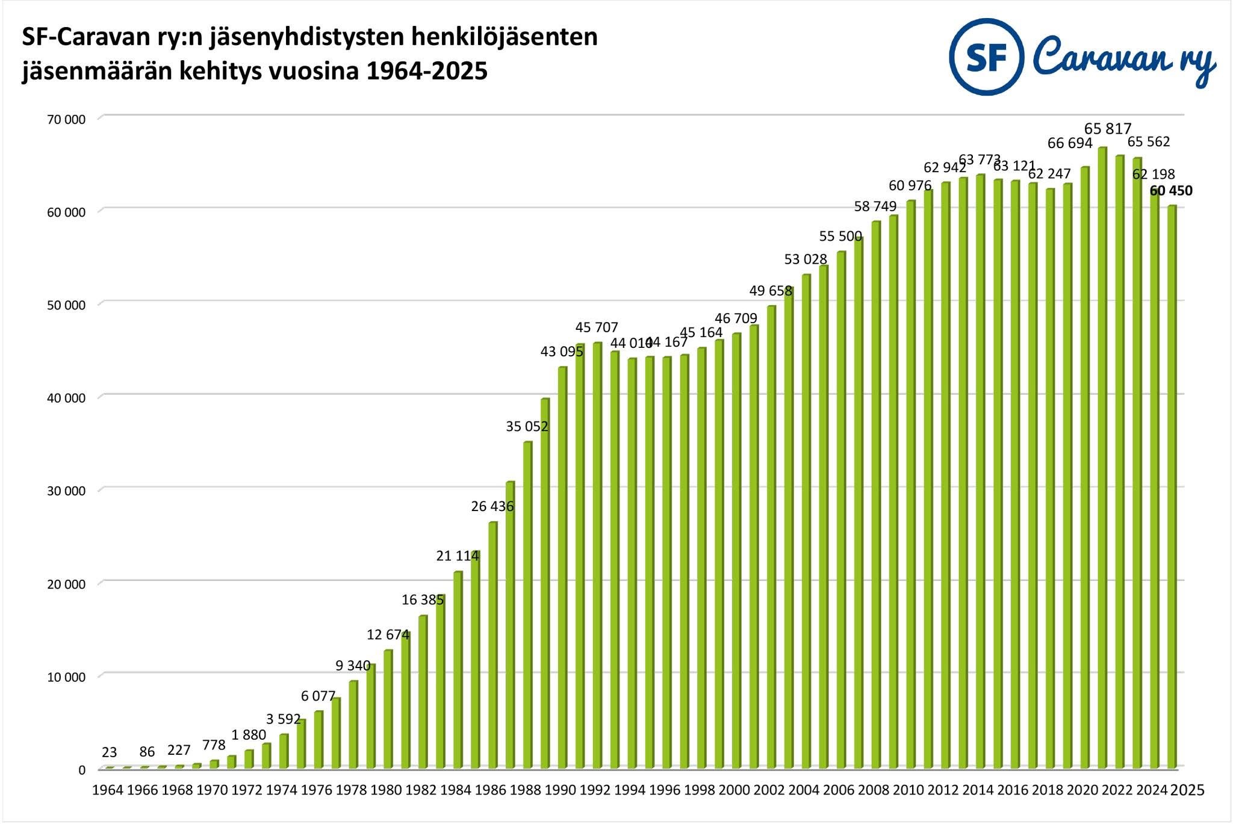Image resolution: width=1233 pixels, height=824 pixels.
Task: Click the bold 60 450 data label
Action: point(1170,191)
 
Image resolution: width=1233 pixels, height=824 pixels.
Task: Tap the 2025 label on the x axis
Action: point(1187,790)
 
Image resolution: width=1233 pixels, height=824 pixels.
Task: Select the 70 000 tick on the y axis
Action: point(66,119)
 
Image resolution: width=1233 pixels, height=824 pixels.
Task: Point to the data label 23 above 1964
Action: point(109,752)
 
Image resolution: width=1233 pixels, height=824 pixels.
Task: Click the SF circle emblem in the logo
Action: point(986,57)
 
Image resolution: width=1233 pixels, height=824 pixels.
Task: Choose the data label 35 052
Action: point(527,427)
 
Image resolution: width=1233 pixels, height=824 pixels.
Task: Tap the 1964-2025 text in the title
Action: point(426,72)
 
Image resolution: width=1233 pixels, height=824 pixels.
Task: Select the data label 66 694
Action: point(1070,143)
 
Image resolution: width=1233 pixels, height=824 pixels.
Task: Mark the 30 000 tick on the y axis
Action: point(66,491)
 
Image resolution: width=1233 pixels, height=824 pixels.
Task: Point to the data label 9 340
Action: point(353,665)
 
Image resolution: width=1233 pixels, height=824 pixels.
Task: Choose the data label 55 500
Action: point(840,236)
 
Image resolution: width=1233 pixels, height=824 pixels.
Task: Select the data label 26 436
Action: point(492,506)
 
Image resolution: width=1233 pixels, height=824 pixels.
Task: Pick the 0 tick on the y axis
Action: point(82,770)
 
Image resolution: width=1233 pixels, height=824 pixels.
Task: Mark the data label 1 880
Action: point(249,735)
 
